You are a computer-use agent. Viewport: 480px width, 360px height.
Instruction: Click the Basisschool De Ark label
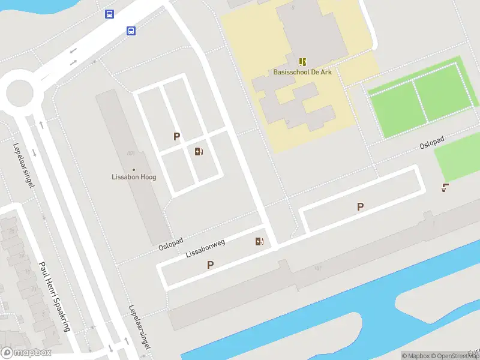point(302,73)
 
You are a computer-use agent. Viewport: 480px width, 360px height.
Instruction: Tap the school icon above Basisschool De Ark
point(303,62)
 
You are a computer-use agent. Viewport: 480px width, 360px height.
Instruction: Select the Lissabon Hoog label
point(134,177)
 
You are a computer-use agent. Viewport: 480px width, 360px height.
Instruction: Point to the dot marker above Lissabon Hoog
point(134,170)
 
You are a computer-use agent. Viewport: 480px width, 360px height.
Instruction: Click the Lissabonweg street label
point(205,248)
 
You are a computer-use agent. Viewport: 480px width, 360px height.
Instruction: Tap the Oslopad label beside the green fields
point(432,143)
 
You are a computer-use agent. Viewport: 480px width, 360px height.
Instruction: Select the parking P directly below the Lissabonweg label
point(210,265)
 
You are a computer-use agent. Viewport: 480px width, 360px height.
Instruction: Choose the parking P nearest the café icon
point(360,207)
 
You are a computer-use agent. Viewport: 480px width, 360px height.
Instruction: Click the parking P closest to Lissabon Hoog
point(176,137)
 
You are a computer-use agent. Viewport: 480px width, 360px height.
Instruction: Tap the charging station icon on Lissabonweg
point(259,242)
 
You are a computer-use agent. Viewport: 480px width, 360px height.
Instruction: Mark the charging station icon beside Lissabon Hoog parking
point(199,151)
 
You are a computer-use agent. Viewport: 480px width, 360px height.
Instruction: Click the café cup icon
point(445,188)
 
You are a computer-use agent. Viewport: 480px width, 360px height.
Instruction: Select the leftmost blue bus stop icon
point(109,14)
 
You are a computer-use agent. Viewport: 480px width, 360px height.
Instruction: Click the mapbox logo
point(26,353)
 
